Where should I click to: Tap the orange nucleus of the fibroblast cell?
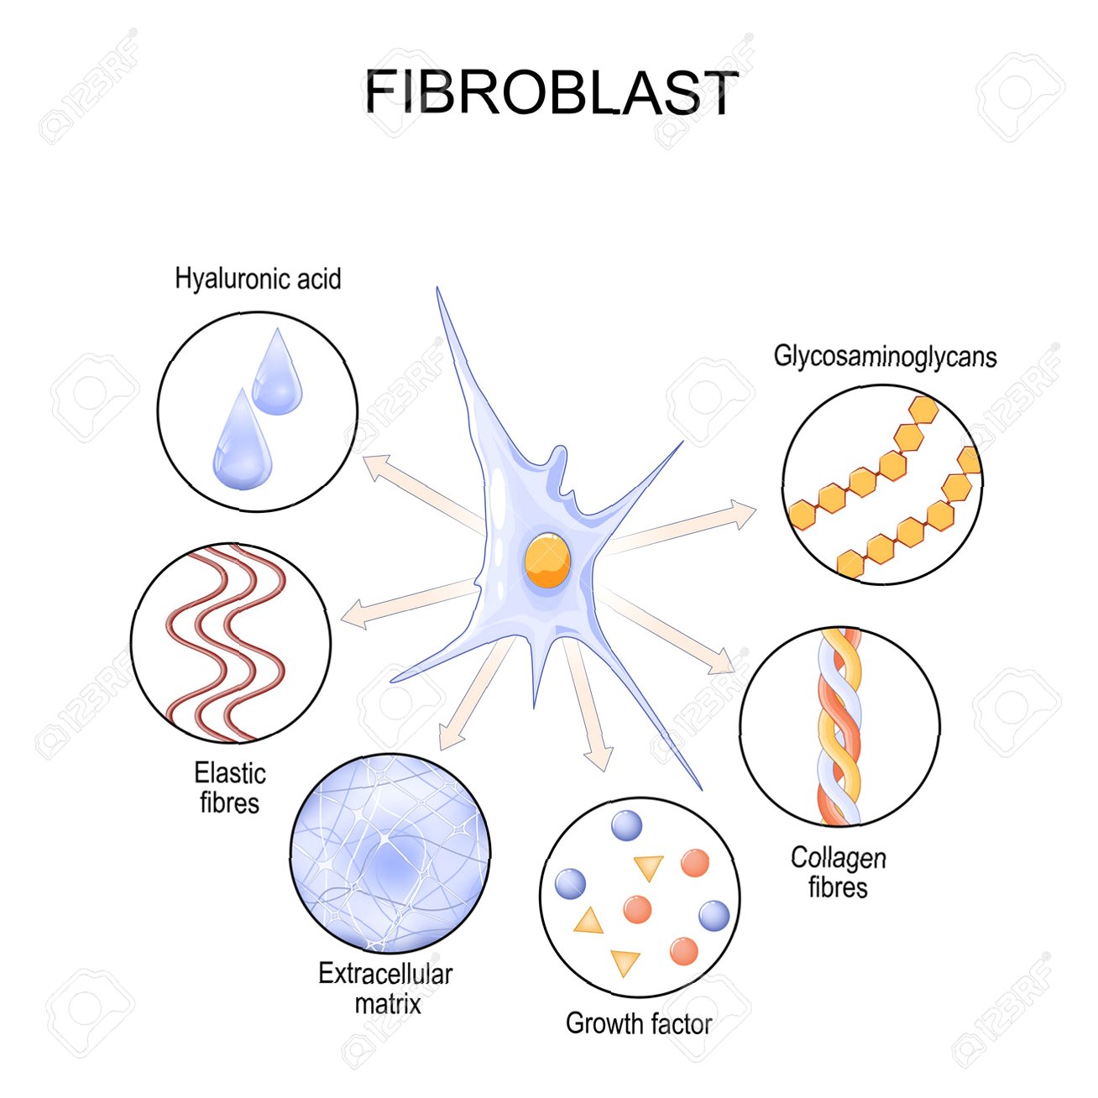coord(546,560)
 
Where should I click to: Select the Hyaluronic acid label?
coord(258,279)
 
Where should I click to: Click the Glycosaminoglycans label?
coord(885,357)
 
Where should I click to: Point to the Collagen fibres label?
coord(838,872)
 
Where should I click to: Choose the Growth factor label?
coord(638,1023)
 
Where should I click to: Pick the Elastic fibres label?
coord(229,787)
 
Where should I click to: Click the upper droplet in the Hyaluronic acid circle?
coord(277,374)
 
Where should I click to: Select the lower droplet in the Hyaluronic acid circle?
coord(241,442)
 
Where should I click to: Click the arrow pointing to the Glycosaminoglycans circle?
coord(680,529)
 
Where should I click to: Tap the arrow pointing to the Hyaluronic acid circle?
coord(420,491)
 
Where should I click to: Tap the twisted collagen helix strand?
coord(839,726)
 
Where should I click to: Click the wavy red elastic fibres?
coord(227,642)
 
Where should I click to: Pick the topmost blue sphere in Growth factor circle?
coord(626,826)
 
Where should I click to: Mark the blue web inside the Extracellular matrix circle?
coord(390,853)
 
